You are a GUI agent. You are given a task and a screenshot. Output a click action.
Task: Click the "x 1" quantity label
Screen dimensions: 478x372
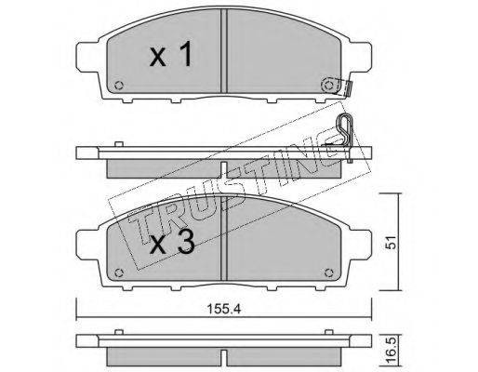coord(170,55)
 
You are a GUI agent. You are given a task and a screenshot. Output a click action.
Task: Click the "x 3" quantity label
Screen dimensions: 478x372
coord(172,242)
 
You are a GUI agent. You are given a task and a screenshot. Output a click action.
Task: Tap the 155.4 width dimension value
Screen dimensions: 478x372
coord(224,309)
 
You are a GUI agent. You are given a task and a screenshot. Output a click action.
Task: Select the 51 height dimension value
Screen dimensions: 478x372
coord(392,242)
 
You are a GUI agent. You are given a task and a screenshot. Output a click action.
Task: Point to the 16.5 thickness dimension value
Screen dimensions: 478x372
coord(392,351)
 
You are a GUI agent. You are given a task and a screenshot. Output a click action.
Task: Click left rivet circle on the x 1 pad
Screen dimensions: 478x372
coord(119,86)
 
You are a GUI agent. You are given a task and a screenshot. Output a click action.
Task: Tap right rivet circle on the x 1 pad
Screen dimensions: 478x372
coord(328,85)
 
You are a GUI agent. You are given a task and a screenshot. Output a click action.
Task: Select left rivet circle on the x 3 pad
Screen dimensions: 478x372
coord(119,272)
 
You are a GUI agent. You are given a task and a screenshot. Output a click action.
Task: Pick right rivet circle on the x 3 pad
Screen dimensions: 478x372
coord(328,272)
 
